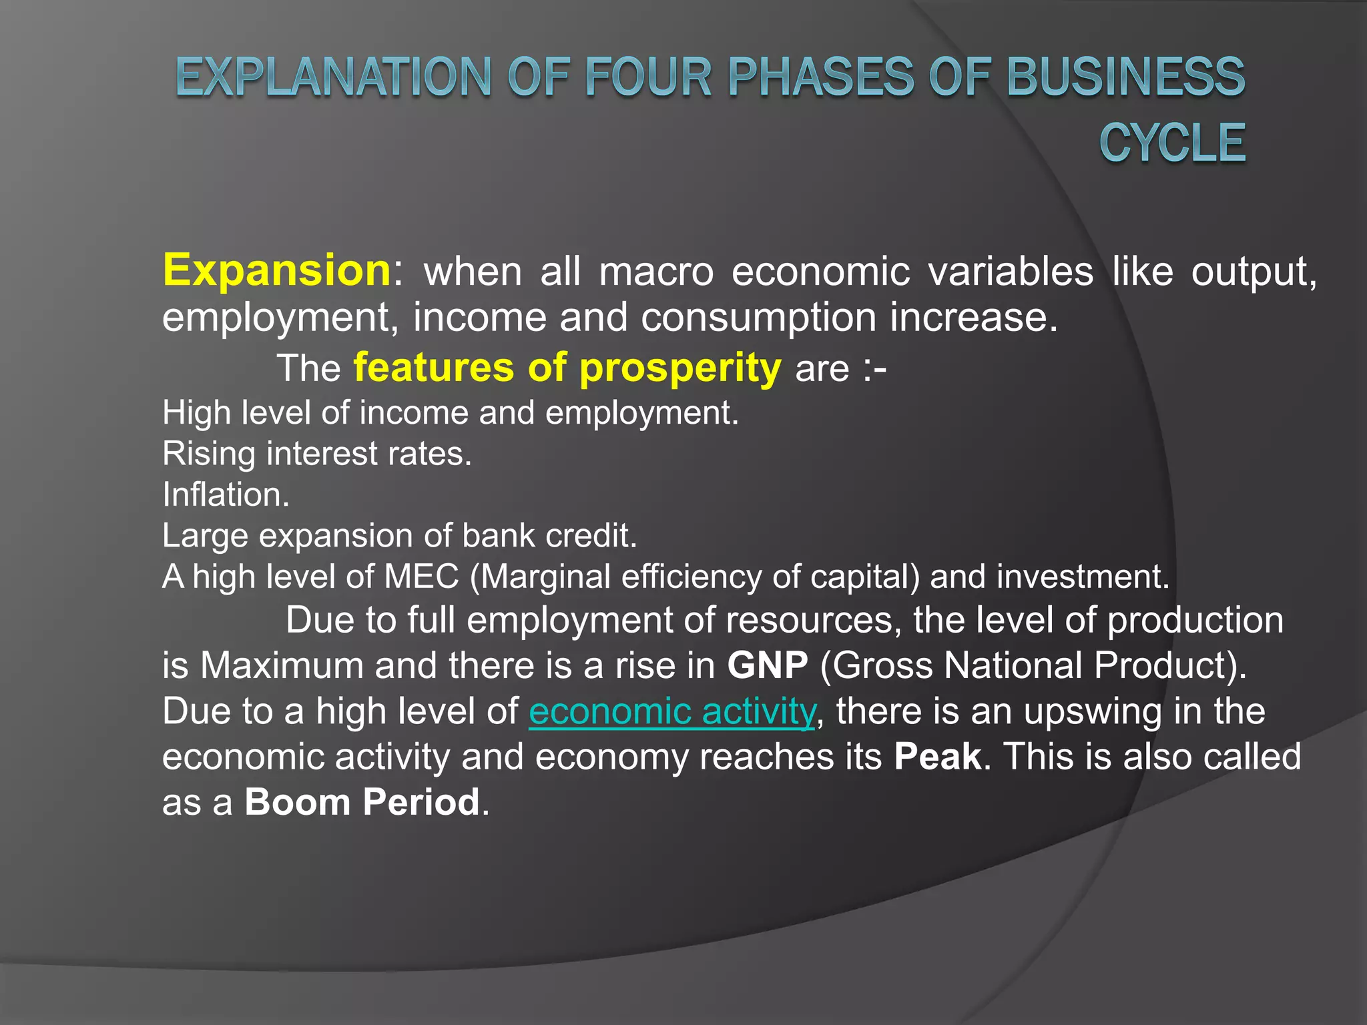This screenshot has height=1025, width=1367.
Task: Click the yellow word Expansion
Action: pos(276,270)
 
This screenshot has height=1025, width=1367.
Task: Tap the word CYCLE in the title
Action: pos(1172,143)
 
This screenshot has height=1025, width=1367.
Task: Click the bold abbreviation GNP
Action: pos(768,665)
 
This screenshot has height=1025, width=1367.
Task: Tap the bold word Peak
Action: pos(938,757)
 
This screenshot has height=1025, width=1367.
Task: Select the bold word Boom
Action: pos(298,802)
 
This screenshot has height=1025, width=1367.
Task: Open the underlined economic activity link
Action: pos(671,711)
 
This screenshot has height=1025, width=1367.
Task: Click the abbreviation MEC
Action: pos(422,577)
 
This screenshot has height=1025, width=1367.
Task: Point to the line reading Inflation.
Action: pos(226,495)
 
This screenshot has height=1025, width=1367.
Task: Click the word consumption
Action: pos(758,318)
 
